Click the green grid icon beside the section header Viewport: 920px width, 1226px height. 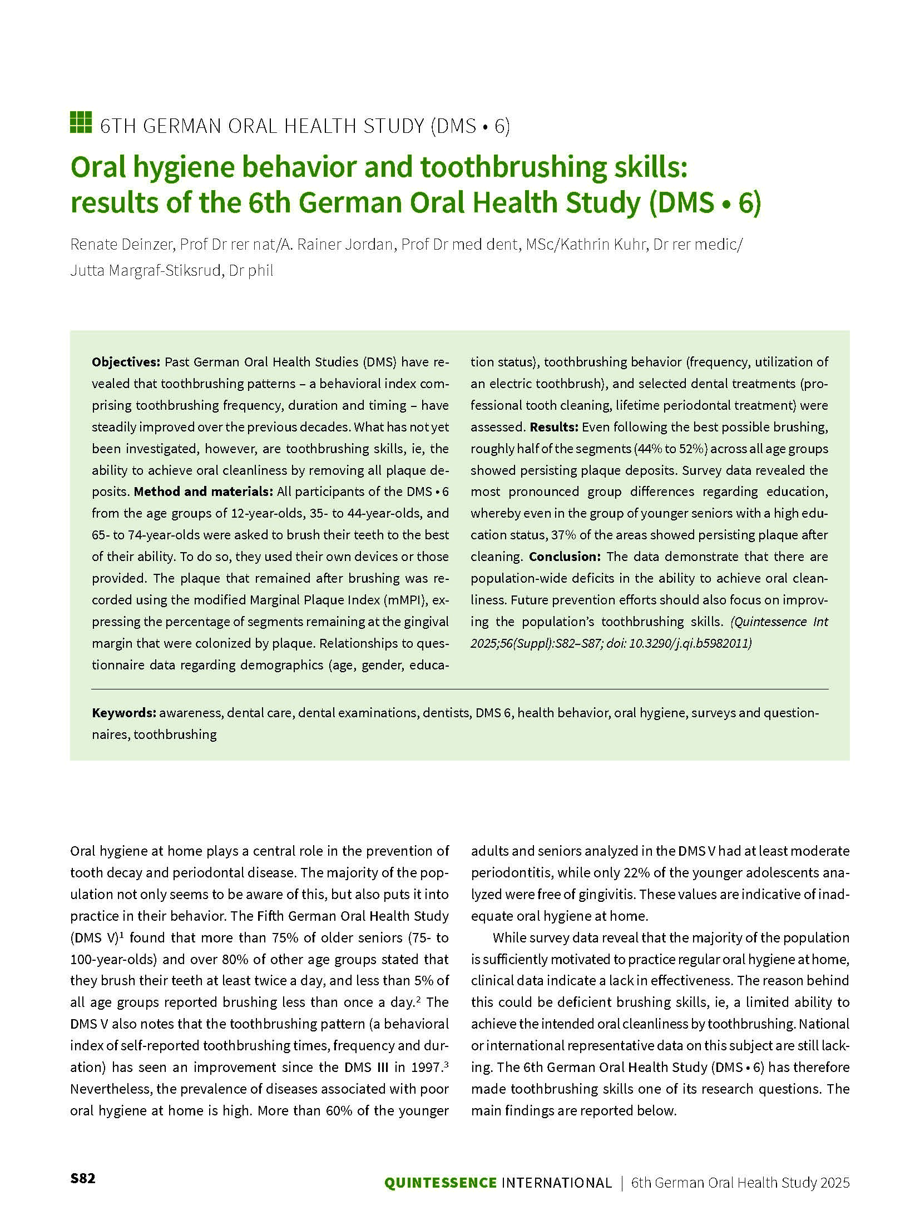click(81, 122)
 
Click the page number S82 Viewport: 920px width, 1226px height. click(83, 1193)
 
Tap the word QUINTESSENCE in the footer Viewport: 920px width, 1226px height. click(441, 1198)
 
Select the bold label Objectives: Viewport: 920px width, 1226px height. click(126, 362)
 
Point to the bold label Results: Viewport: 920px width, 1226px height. click(554, 427)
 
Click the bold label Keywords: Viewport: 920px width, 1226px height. click(124, 713)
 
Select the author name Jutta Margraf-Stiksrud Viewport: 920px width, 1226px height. click(146, 271)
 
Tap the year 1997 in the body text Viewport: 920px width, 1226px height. click(426, 1067)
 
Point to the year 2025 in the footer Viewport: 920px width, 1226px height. click(835, 1198)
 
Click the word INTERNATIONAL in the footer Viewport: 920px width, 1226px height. click(556, 1198)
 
